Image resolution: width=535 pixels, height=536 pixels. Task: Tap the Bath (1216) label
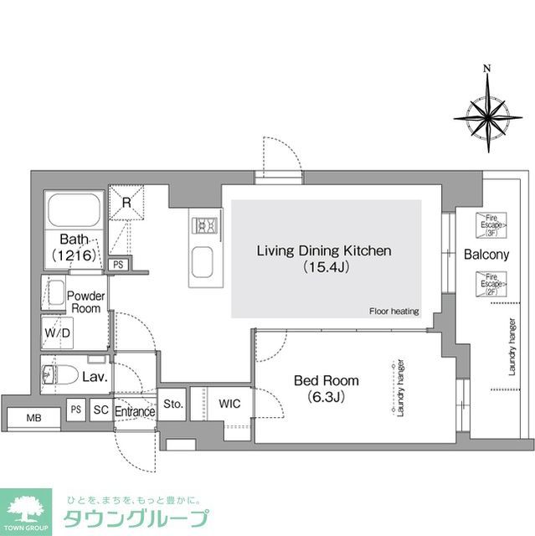point(74,245)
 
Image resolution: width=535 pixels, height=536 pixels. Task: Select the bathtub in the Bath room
point(74,209)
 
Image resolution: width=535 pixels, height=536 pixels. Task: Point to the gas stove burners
point(206,225)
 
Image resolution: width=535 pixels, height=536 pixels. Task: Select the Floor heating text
point(394,312)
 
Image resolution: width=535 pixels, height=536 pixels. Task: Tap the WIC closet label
point(229,405)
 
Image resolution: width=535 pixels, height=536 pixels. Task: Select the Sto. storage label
point(173,404)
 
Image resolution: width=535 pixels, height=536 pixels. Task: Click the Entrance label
point(135,412)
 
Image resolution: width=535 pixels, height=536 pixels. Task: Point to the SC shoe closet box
point(100,411)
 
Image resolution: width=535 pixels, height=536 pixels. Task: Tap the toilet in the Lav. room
point(59,374)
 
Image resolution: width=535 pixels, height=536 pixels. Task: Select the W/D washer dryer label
point(57,332)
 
